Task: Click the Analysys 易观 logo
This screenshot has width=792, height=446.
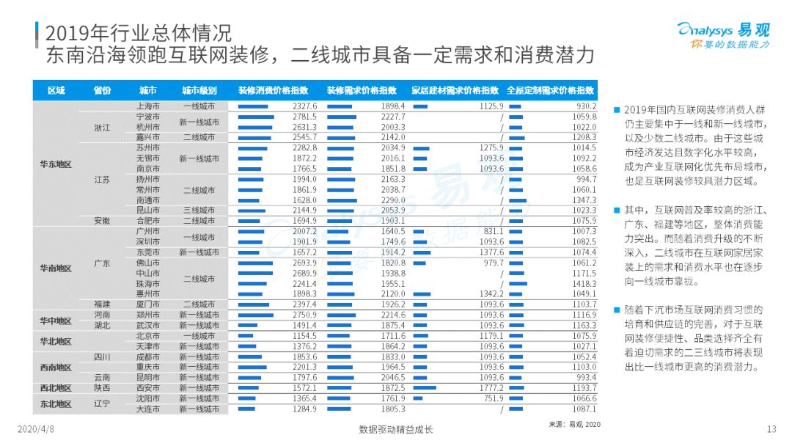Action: click(x=723, y=35)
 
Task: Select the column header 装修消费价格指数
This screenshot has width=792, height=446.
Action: click(x=272, y=90)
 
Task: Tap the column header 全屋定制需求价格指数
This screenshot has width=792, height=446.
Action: click(x=550, y=90)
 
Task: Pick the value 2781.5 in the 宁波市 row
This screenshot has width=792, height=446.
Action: click(x=304, y=117)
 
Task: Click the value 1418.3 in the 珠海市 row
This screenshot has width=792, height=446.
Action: click(x=584, y=283)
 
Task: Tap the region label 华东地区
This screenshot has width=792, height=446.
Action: click(x=56, y=164)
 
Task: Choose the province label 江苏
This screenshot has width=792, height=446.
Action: click(x=102, y=180)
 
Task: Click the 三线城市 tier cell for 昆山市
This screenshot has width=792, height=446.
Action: click(x=199, y=211)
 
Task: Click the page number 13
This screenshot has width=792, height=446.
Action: click(x=771, y=429)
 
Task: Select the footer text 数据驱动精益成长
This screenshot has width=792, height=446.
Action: click(x=396, y=429)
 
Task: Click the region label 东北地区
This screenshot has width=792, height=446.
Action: click(x=56, y=403)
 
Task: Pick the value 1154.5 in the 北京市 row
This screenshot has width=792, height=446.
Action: click(x=304, y=335)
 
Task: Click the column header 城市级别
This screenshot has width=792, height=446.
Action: click(x=199, y=90)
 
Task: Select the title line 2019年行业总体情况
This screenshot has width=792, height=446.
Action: click(x=138, y=33)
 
